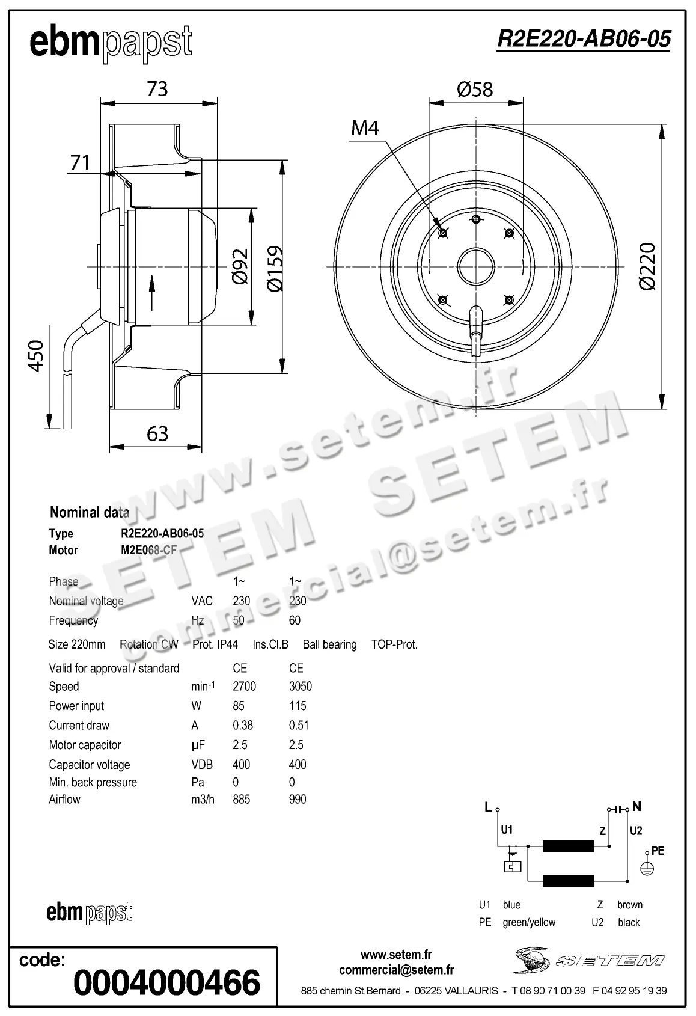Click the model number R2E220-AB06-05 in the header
pyautogui.click(x=583, y=40)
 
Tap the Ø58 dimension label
pyautogui.click(x=474, y=90)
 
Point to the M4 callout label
pyautogui.click(x=365, y=128)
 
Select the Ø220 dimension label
pyautogui.click(x=647, y=267)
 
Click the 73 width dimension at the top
pyautogui.click(x=157, y=89)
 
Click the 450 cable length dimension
pyautogui.click(x=36, y=356)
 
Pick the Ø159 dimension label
pyautogui.click(x=274, y=268)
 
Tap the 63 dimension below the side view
pyautogui.click(x=157, y=433)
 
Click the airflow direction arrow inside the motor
pyautogui.click(x=151, y=293)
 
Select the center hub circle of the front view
pyautogui.click(x=475, y=267)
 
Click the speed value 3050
pyautogui.click(x=300, y=687)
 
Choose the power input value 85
pyautogui.click(x=239, y=706)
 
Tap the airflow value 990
pyautogui.click(x=298, y=800)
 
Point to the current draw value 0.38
pyautogui.click(x=243, y=726)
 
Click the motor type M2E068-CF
pyautogui.click(x=149, y=550)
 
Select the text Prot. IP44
pyautogui.click(x=215, y=644)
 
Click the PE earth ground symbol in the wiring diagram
pyautogui.click(x=646, y=868)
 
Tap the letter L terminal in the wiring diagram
pyautogui.click(x=489, y=807)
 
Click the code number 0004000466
pyautogui.click(x=166, y=982)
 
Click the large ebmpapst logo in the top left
pyautogui.click(x=111, y=43)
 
